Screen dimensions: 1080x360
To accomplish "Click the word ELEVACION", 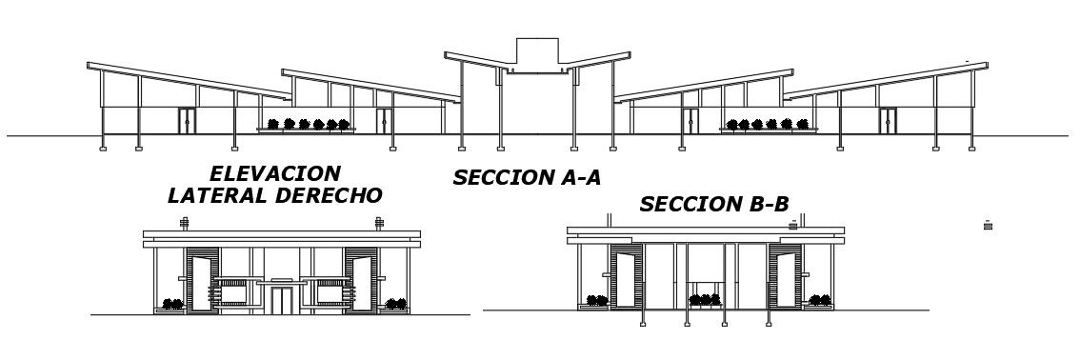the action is [x=274, y=174].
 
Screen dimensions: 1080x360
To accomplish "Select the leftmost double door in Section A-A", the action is [x=187, y=121].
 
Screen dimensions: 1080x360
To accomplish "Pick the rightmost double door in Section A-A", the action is [x=888, y=121].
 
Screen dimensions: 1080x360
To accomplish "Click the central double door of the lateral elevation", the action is [x=281, y=299].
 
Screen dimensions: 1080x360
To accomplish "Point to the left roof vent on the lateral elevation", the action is [x=185, y=224].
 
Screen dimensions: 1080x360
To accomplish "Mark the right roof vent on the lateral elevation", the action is [x=379, y=224].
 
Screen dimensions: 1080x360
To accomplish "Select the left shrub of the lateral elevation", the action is [x=172, y=304].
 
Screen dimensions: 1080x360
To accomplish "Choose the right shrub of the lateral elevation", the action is [x=394, y=304].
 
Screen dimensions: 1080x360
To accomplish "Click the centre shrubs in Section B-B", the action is [x=705, y=300].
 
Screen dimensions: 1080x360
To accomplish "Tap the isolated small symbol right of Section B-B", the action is [x=988, y=226].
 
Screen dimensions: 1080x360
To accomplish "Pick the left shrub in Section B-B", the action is [x=597, y=301].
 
